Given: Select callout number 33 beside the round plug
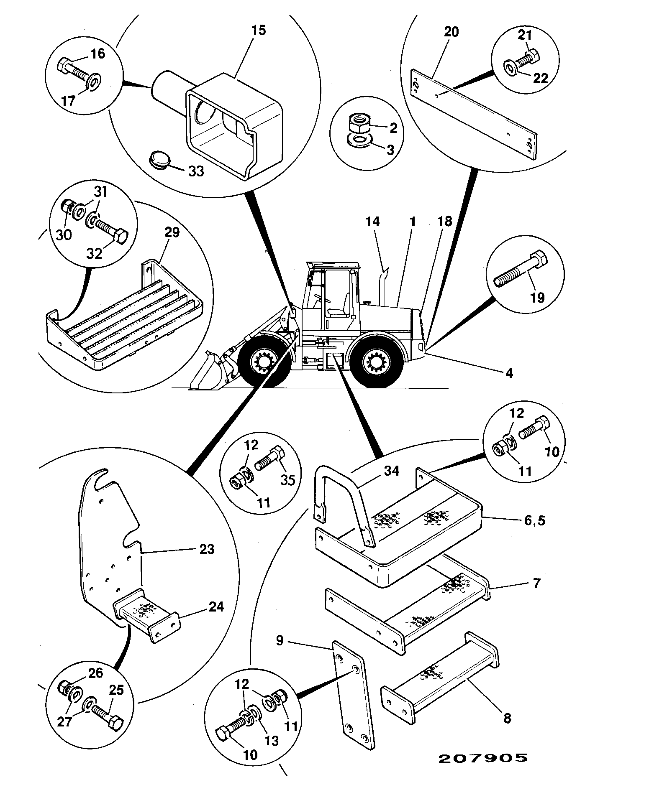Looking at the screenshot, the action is pyautogui.click(x=195, y=171).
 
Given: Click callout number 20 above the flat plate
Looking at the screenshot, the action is pyautogui.click(x=451, y=32).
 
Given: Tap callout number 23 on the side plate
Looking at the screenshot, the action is pyautogui.click(x=207, y=549).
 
